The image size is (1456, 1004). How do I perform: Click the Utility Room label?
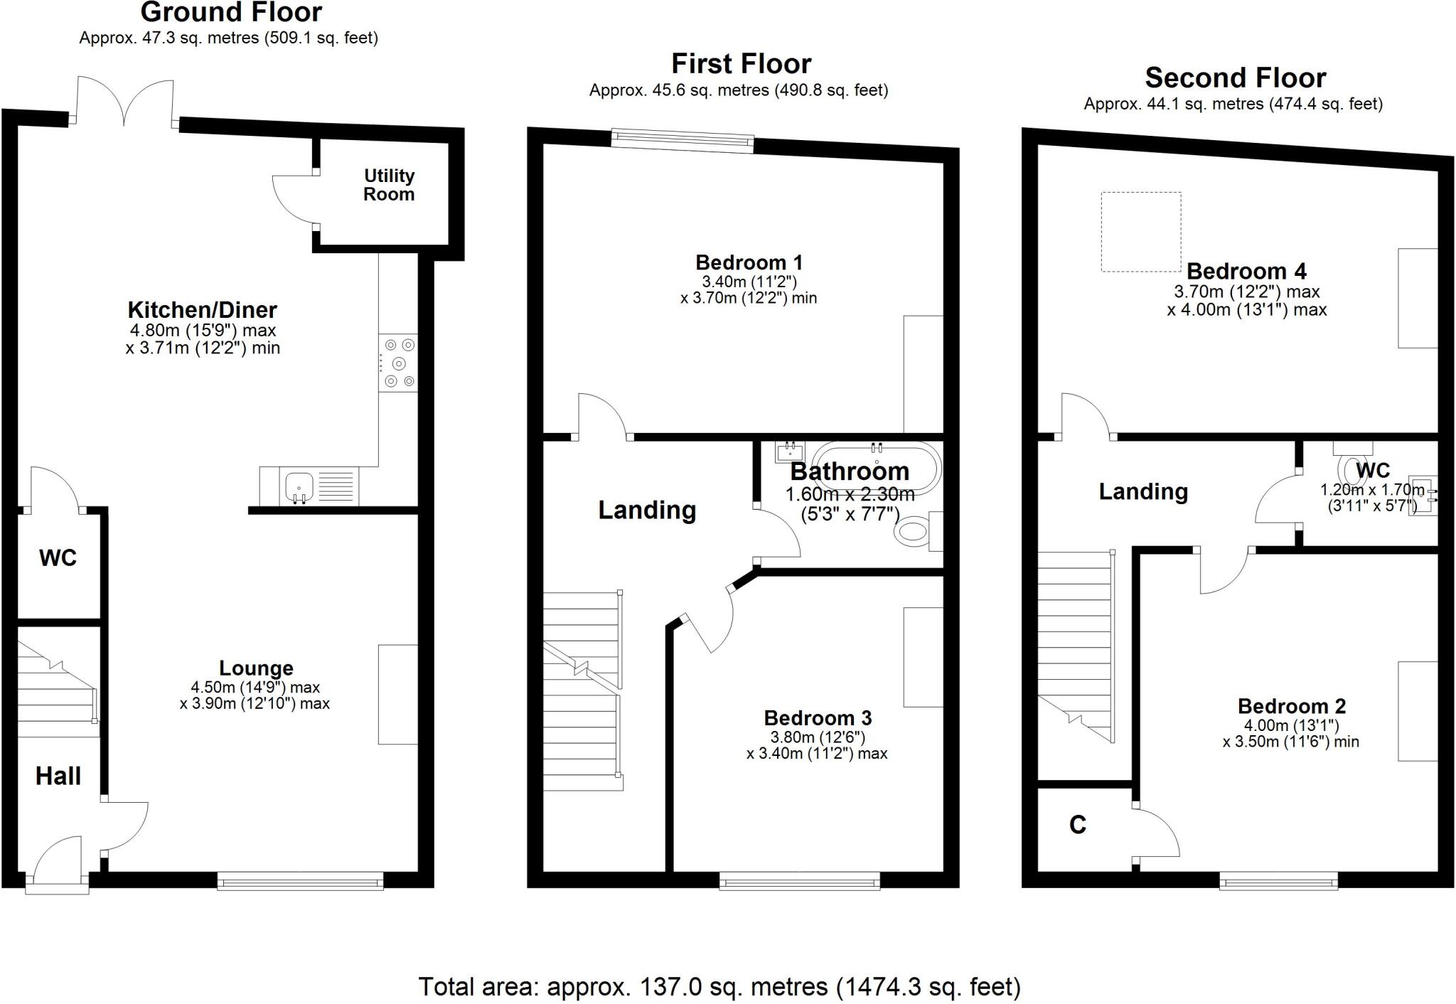pyautogui.click(x=389, y=185)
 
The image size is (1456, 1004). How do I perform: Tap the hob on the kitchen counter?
pyautogui.click(x=398, y=363)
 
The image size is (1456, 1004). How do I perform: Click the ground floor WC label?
pyautogui.click(x=58, y=558)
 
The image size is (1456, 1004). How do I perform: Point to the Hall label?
pyautogui.click(x=58, y=776)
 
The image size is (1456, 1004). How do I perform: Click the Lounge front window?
pyautogui.click(x=300, y=882)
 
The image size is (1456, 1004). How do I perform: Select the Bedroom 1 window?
pyautogui.click(x=682, y=139)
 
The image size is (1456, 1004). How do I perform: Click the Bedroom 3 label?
pyautogui.click(x=818, y=718)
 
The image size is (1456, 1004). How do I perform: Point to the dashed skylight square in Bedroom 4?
pyautogui.click(x=1140, y=232)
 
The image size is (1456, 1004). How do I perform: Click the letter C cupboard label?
pyautogui.click(x=1078, y=825)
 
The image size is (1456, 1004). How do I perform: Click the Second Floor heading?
pyautogui.click(x=1235, y=78)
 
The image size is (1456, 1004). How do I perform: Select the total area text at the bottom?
pyautogui.click(x=719, y=986)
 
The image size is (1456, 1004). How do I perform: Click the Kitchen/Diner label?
pyautogui.click(x=202, y=310)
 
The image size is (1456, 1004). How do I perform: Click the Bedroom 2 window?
pyautogui.click(x=1278, y=882)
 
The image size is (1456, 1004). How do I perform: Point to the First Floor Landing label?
pyautogui.click(x=646, y=510)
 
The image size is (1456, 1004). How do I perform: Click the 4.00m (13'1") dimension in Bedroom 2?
pyautogui.click(x=1291, y=725)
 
